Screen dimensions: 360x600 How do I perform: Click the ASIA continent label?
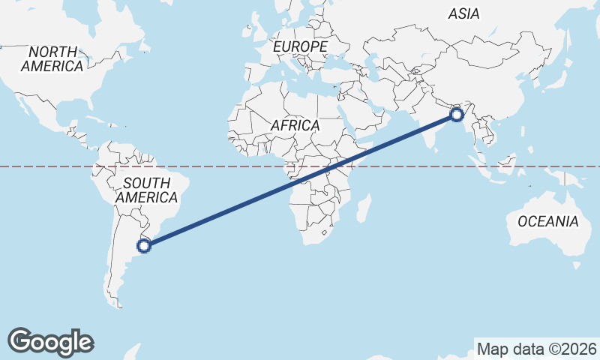pos(463,13)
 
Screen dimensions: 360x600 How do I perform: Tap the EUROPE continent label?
pos(300,46)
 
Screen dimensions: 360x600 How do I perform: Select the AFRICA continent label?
pos(295,125)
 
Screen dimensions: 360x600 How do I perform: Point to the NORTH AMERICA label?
pos(52,59)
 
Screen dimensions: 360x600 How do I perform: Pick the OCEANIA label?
pos(548,221)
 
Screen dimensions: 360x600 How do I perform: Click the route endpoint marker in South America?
pos(144,244)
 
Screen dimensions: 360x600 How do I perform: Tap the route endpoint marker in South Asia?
pos(456,115)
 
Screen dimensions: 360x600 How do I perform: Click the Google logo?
pos(50,341)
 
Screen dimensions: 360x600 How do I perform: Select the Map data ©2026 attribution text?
pos(536,349)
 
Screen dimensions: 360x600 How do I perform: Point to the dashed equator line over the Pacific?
pos(45,166)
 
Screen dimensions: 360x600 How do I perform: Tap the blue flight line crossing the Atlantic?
pos(225,211)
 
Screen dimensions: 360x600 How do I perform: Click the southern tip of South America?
pos(115,303)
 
